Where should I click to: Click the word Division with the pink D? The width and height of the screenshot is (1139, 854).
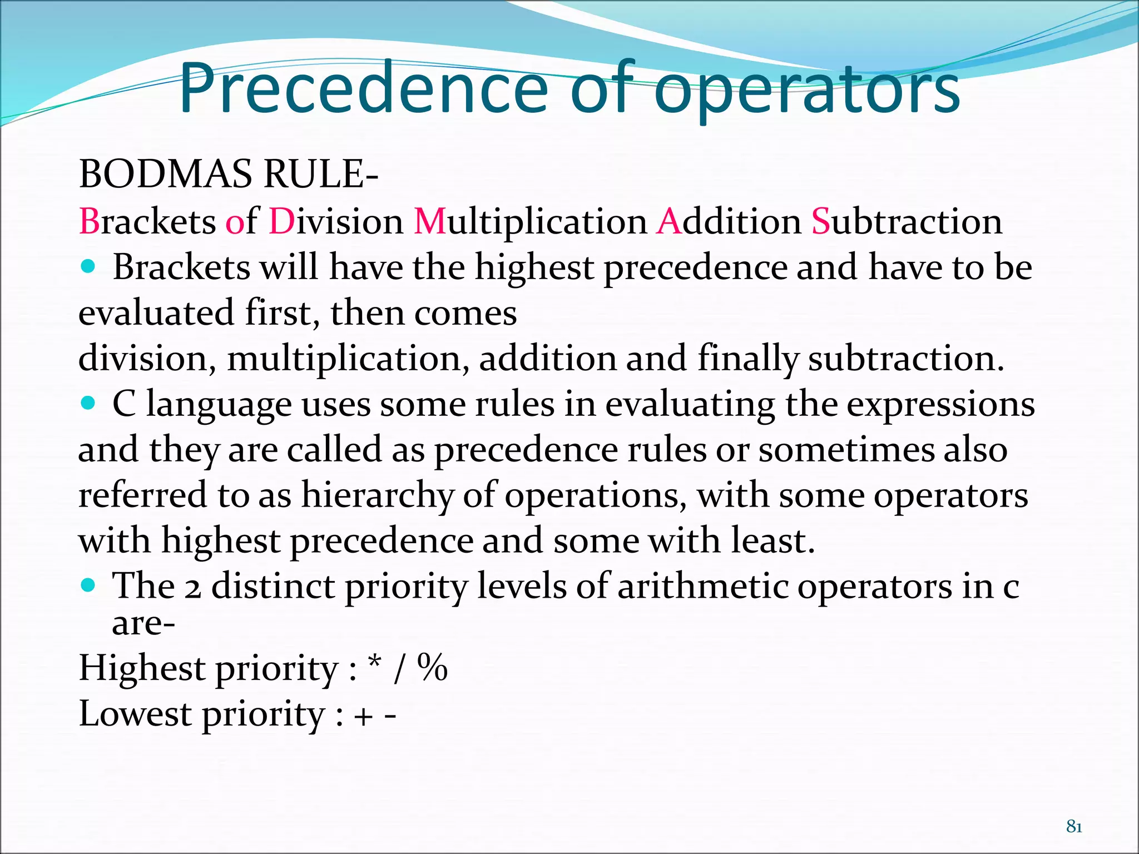[x=336, y=221]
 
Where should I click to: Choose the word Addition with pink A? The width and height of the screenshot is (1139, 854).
[x=729, y=221]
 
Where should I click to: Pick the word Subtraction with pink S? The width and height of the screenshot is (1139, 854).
[x=907, y=221]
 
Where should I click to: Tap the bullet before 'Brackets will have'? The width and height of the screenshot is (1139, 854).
[x=88, y=266]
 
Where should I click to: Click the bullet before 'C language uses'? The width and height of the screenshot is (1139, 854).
[x=88, y=403]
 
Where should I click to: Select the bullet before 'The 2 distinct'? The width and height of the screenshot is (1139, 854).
[x=88, y=585]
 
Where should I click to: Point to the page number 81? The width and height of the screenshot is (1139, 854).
[x=1074, y=827]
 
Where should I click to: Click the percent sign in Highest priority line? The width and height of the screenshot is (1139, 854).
[x=433, y=667]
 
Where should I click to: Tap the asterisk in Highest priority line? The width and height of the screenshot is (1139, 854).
[x=375, y=663]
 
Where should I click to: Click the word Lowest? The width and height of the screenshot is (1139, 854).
[x=135, y=713]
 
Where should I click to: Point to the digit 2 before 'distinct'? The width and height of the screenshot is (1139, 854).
[x=192, y=588]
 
